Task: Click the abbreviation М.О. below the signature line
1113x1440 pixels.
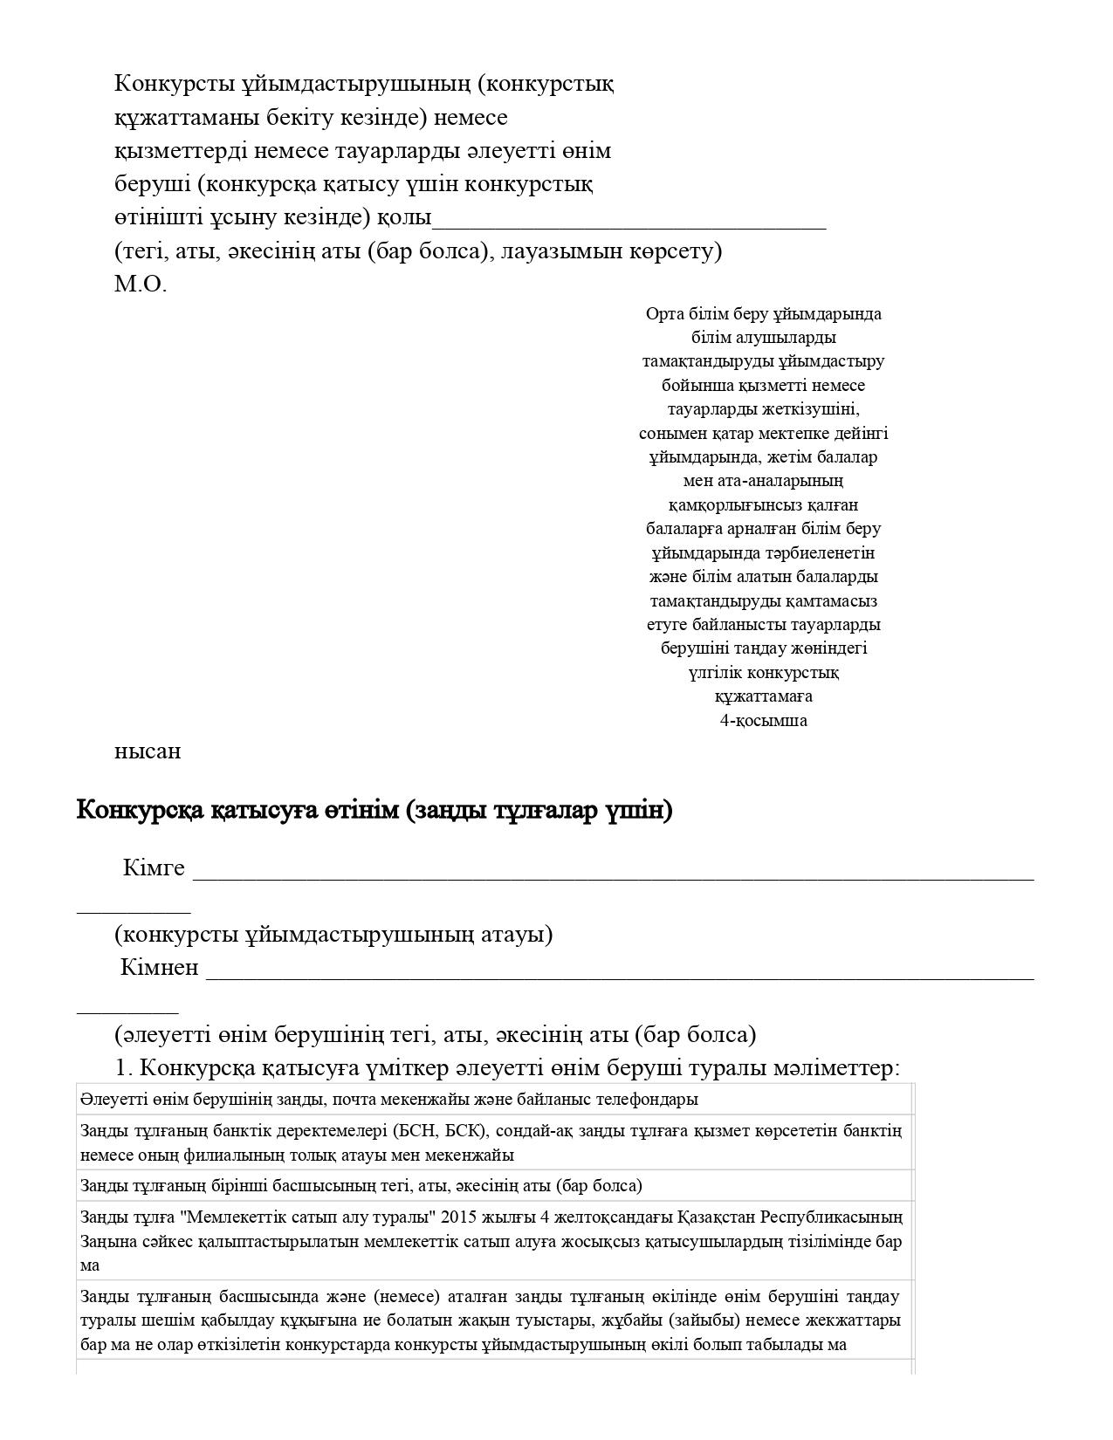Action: (x=140, y=285)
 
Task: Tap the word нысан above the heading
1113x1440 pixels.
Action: (x=148, y=751)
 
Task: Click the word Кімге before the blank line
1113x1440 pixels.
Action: (x=154, y=868)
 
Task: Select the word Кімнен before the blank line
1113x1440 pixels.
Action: (x=160, y=968)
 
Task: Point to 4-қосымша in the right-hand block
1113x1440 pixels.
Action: (x=763, y=721)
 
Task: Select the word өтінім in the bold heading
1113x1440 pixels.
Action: (x=361, y=811)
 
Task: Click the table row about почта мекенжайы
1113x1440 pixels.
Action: (x=388, y=1100)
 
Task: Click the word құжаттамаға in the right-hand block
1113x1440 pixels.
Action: (x=763, y=696)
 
